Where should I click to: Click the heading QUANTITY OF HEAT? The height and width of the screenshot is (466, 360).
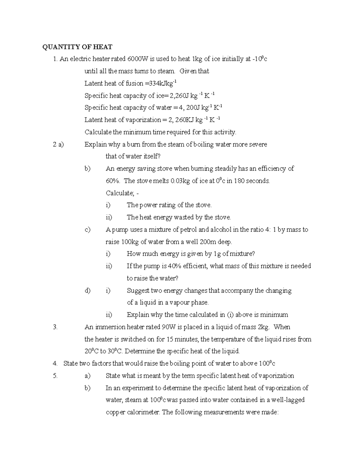(x=77, y=47)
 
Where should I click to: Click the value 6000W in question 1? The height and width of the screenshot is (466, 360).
(x=137, y=59)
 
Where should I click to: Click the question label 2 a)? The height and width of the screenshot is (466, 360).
(x=58, y=145)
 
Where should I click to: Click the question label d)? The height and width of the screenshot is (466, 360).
(x=87, y=290)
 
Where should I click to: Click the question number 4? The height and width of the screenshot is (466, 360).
(x=55, y=364)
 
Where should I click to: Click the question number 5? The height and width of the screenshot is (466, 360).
(x=55, y=376)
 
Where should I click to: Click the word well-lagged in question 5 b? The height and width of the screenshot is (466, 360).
(x=287, y=400)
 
